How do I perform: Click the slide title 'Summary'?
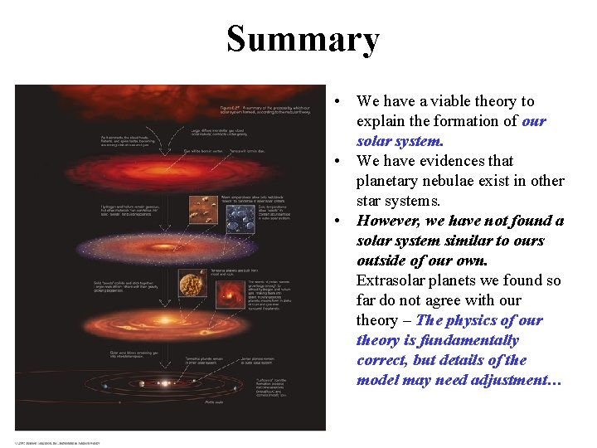click(x=303, y=39)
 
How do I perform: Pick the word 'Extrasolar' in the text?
click(x=394, y=280)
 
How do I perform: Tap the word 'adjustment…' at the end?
click(x=518, y=380)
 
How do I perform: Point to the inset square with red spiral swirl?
click(x=230, y=293)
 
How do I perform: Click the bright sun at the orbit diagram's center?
click(x=165, y=384)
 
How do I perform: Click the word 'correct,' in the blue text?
click(x=386, y=360)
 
